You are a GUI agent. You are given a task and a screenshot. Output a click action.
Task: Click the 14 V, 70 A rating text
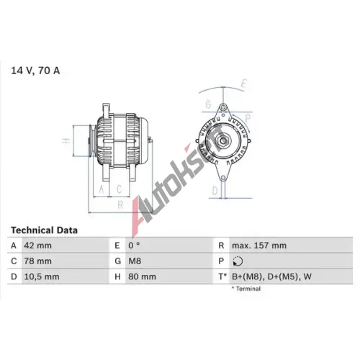35,71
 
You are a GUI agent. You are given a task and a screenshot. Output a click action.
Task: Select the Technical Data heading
44,230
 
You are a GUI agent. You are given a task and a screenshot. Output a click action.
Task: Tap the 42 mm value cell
37,246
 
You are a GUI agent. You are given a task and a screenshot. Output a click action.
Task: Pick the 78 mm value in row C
37,261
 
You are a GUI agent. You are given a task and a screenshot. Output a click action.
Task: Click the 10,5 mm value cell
42,276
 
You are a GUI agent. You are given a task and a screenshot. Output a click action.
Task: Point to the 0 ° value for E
134,246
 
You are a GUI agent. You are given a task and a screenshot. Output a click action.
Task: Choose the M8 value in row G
135,261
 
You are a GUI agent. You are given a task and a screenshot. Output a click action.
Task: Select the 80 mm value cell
142,276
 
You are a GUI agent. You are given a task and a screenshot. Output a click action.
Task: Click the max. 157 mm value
259,246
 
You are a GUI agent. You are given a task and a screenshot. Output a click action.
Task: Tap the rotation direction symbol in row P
238,261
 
